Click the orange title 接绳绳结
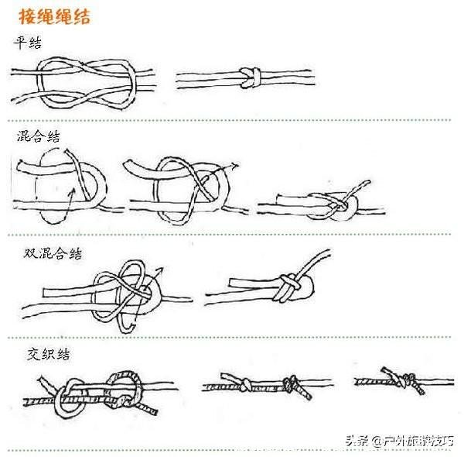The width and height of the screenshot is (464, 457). [x=53, y=16]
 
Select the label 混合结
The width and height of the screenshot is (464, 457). [x=39, y=137]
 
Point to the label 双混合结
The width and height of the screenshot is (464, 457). [x=53, y=253]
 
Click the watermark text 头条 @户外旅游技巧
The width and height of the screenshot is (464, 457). [x=401, y=441]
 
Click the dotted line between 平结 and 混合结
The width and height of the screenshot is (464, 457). [x=232, y=119]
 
